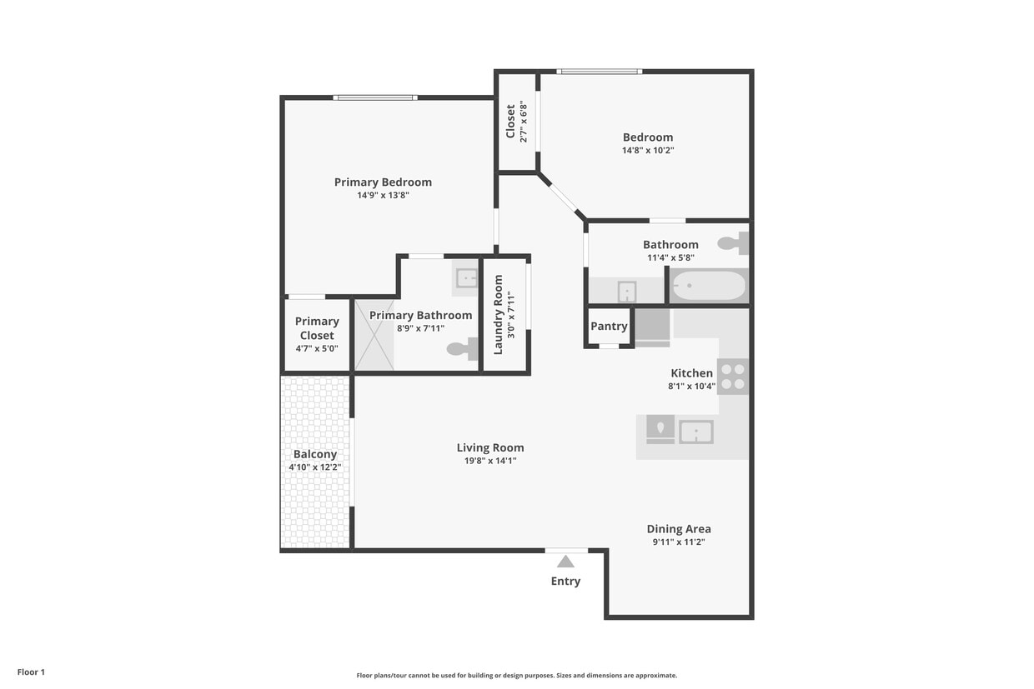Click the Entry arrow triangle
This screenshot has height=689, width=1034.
(x=565, y=562)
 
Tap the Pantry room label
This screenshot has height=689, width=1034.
(x=609, y=326)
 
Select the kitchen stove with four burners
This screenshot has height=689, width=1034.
(x=733, y=377)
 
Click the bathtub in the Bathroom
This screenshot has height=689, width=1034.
(x=709, y=286)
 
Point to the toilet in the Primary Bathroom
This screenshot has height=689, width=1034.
(x=462, y=348)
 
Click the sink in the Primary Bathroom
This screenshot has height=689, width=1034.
(x=466, y=278)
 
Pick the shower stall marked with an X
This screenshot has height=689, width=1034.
(x=374, y=335)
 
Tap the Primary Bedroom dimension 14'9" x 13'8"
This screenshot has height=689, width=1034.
(x=383, y=195)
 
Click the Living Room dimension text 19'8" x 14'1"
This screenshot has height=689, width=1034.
(x=490, y=460)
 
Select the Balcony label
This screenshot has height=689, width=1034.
(x=315, y=454)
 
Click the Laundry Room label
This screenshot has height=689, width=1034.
(x=498, y=315)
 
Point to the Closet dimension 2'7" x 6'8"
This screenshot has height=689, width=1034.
(x=524, y=122)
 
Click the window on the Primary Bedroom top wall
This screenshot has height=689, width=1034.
(x=375, y=97)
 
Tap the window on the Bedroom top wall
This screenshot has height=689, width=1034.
(x=600, y=72)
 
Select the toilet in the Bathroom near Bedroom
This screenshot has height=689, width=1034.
(x=733, y=243)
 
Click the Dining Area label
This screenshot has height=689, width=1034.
(x=679, y=529)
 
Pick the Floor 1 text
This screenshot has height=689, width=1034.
(x=32, y=672)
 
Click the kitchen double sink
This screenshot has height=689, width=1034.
(x=680, y=430)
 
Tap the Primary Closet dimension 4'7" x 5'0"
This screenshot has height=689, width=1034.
(x=317, y=348)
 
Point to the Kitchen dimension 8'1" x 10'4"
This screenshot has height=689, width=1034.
(x=691, y=386)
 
